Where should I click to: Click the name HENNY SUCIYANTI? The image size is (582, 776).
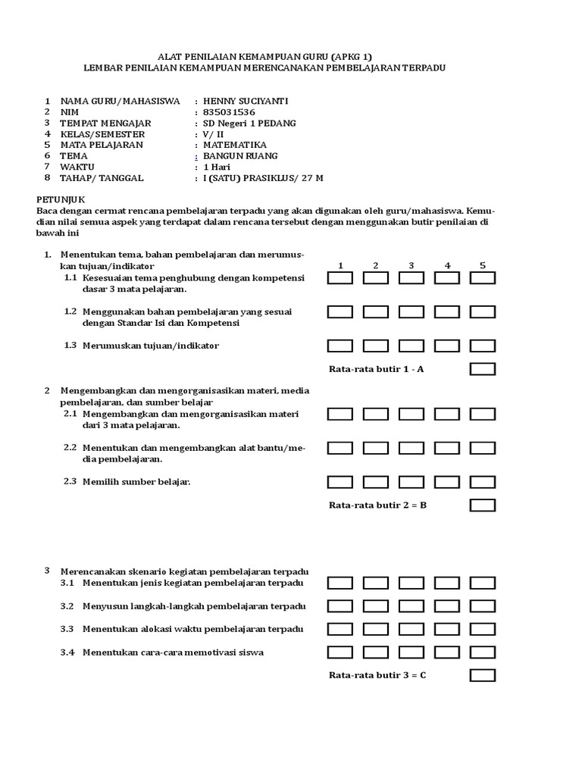[x=246, y=101]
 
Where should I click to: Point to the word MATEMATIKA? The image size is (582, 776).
[x=235, y=145]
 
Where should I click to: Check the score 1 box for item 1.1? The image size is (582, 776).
[x=340, y=278]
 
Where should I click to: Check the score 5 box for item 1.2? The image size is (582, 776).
[x=483, y=311]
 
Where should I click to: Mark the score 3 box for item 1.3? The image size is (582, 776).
[x=411, y=346]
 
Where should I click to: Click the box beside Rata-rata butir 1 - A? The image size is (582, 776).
[x=483, y=369]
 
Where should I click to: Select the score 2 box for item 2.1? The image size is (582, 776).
[x=376, y=414]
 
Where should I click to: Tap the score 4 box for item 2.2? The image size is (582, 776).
[x=447, y=448]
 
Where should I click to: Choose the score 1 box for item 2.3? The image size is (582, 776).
[x=340, y=482]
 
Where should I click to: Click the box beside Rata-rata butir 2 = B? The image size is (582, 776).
[x=483, y=505]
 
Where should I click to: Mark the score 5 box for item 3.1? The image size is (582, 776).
[x=483, y=583]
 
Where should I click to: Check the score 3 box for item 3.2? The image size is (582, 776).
[x=411, y=606]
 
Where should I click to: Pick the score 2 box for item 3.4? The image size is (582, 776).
[x=376, y=652]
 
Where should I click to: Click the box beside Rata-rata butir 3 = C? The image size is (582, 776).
[x=483, y=675]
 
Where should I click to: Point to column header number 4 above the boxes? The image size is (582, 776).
[x=447, y=265]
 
